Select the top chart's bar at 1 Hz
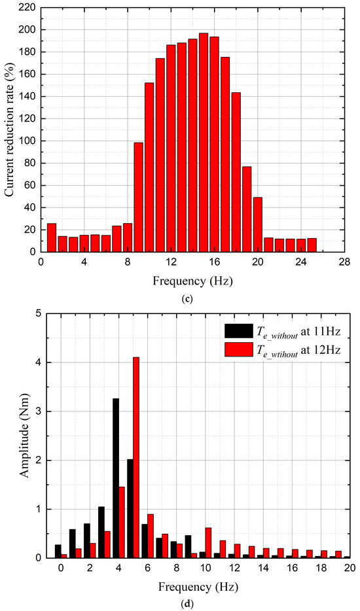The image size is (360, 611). coord(52,237)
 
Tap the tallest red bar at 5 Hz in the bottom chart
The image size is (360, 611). coord(136,458)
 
